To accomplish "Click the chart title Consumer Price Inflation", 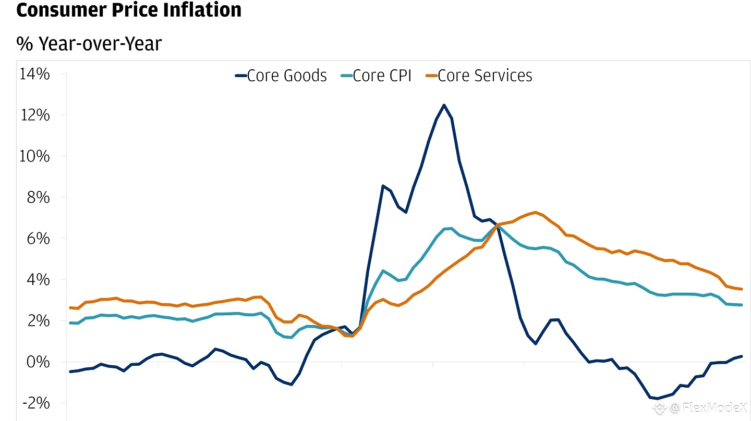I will point(129,10).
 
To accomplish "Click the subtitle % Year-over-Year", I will point(89,44).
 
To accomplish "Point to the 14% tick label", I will point(35,74).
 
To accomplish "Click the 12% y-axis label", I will point(35,115).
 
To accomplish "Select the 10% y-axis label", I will point(35,156).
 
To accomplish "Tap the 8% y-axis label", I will point(39,197).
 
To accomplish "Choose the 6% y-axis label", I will point(39,239).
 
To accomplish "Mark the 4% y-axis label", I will point(39,280).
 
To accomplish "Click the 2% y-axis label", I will point(39,321).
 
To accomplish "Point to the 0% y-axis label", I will point(39,362).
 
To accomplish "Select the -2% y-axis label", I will point(37,403).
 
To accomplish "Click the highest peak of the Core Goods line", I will point(444,105).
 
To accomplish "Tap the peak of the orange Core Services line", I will point(536,212).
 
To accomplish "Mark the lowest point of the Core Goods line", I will point(658,399).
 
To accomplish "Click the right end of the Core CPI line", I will point(741,305).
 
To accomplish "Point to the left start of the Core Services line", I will point(70,307).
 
